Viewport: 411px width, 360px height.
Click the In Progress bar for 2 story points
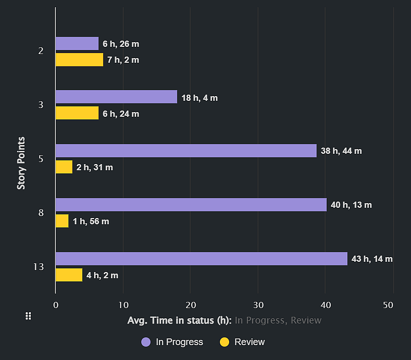pos(77,44)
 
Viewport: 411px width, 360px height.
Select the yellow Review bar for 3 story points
pos(77,113)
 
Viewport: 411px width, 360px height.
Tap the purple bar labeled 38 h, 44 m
pos(186,151)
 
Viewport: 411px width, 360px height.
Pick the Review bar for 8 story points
pos(62,221)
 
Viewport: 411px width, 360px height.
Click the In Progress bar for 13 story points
pos(201,259)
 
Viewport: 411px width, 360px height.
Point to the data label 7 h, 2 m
pos(123,60)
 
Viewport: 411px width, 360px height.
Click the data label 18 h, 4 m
pos(199,98)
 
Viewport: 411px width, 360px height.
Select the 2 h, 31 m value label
pos(95,168)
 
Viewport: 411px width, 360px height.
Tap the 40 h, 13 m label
pos(351,205)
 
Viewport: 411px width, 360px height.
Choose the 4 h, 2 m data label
pos(102,276)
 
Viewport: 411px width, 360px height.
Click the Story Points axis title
pos(21,163)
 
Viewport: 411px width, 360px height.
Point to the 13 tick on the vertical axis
pos(39,267)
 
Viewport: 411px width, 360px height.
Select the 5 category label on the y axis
pos(41,158)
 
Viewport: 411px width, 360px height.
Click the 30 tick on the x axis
pos(258,305)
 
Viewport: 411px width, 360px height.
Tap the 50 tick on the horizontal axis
pos(388,305)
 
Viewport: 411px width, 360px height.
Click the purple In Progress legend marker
pos(146,342)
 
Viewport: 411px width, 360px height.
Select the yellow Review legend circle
pos(225,342)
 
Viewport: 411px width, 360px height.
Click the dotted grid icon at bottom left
pos(29,316)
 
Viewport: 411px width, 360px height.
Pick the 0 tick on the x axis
pos(56,305)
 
